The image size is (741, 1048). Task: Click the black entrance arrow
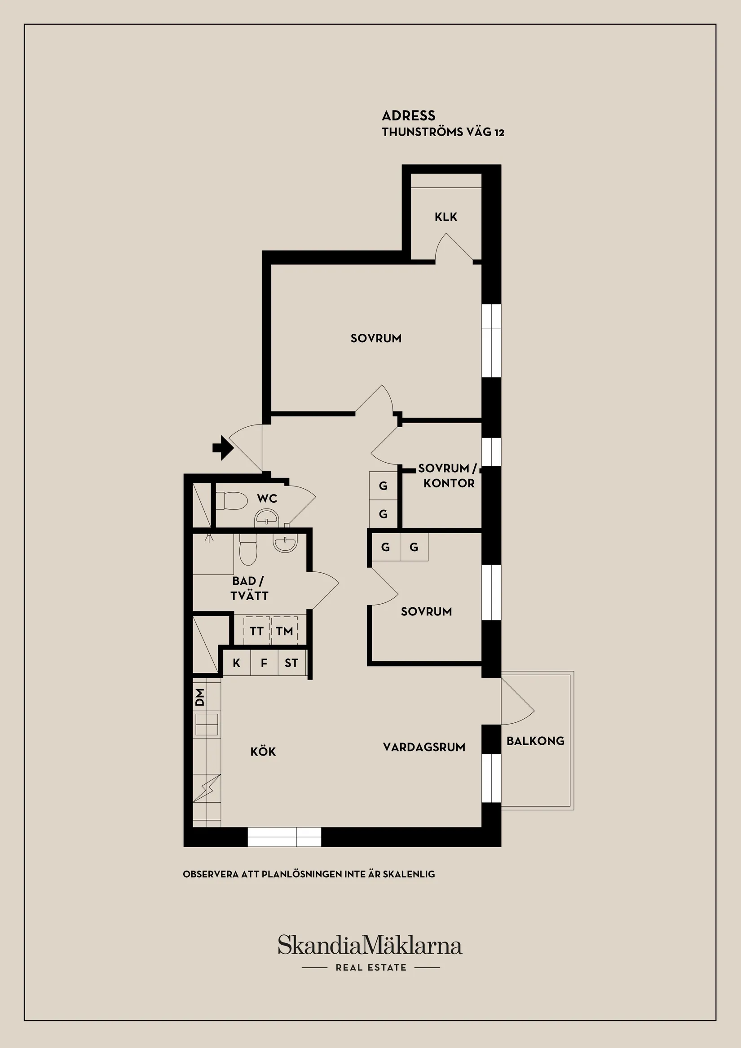(223, 448)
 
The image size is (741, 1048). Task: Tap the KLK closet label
(446, 217)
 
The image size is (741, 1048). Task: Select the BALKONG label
(535, 741)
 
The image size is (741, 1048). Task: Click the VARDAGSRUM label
(424, 747)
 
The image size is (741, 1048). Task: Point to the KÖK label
(263, 752)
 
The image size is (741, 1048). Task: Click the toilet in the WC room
(231, 501)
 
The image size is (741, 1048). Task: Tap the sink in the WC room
(267, 518)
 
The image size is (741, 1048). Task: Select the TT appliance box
(257, 631)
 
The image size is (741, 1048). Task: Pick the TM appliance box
(284, 631)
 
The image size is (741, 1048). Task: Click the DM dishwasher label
(200, 698)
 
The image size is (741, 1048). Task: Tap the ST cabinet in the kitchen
(291, 663)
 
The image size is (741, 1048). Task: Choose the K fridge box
(236, 663)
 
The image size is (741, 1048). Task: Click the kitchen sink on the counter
(207, 725)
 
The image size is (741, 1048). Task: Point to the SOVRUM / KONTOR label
(448, 476)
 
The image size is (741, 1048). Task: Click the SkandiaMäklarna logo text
(370, 945)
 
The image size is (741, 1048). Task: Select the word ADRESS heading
(408, 115)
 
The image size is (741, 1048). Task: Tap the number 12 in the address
(499, 133)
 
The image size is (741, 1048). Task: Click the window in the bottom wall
(284, 837)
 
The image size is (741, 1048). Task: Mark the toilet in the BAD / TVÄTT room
(248, 549)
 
